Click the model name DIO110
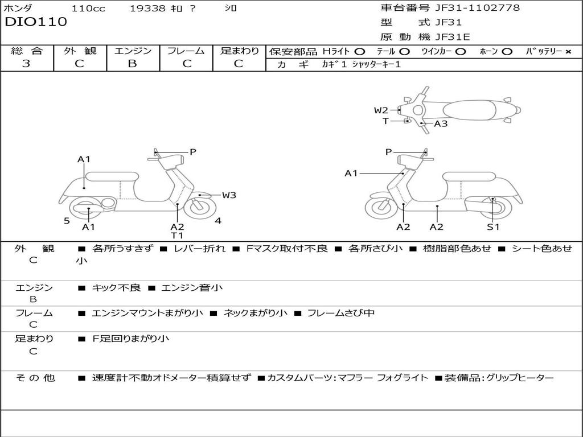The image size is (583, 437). [36, 22]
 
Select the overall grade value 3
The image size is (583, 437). [26, 64]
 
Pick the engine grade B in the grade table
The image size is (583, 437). [133, 64]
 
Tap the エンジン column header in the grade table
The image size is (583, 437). [133, 51]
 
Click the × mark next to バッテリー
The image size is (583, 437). [568, 51]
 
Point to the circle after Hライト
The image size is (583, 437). [360, 51]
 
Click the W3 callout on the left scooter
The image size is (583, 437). [229, 195]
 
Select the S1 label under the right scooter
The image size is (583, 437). [493, 227]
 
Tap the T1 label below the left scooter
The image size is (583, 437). [177, 236]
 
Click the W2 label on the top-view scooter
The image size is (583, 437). [381, 110]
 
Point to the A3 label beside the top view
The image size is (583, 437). [441, 123]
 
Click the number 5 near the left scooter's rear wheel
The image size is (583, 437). [67, 221]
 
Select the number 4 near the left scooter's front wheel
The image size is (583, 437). [218, 221]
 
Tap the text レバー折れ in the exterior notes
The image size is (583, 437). [199, 249]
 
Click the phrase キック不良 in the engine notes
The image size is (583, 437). [116, 288]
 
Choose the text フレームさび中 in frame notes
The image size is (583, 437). [340, 313]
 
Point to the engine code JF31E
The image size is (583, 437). [453, 37]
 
